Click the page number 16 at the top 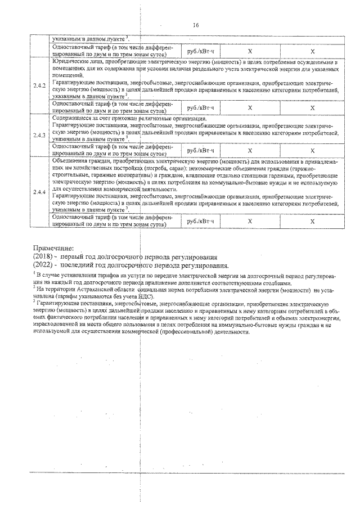196,25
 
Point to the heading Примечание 53,247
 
